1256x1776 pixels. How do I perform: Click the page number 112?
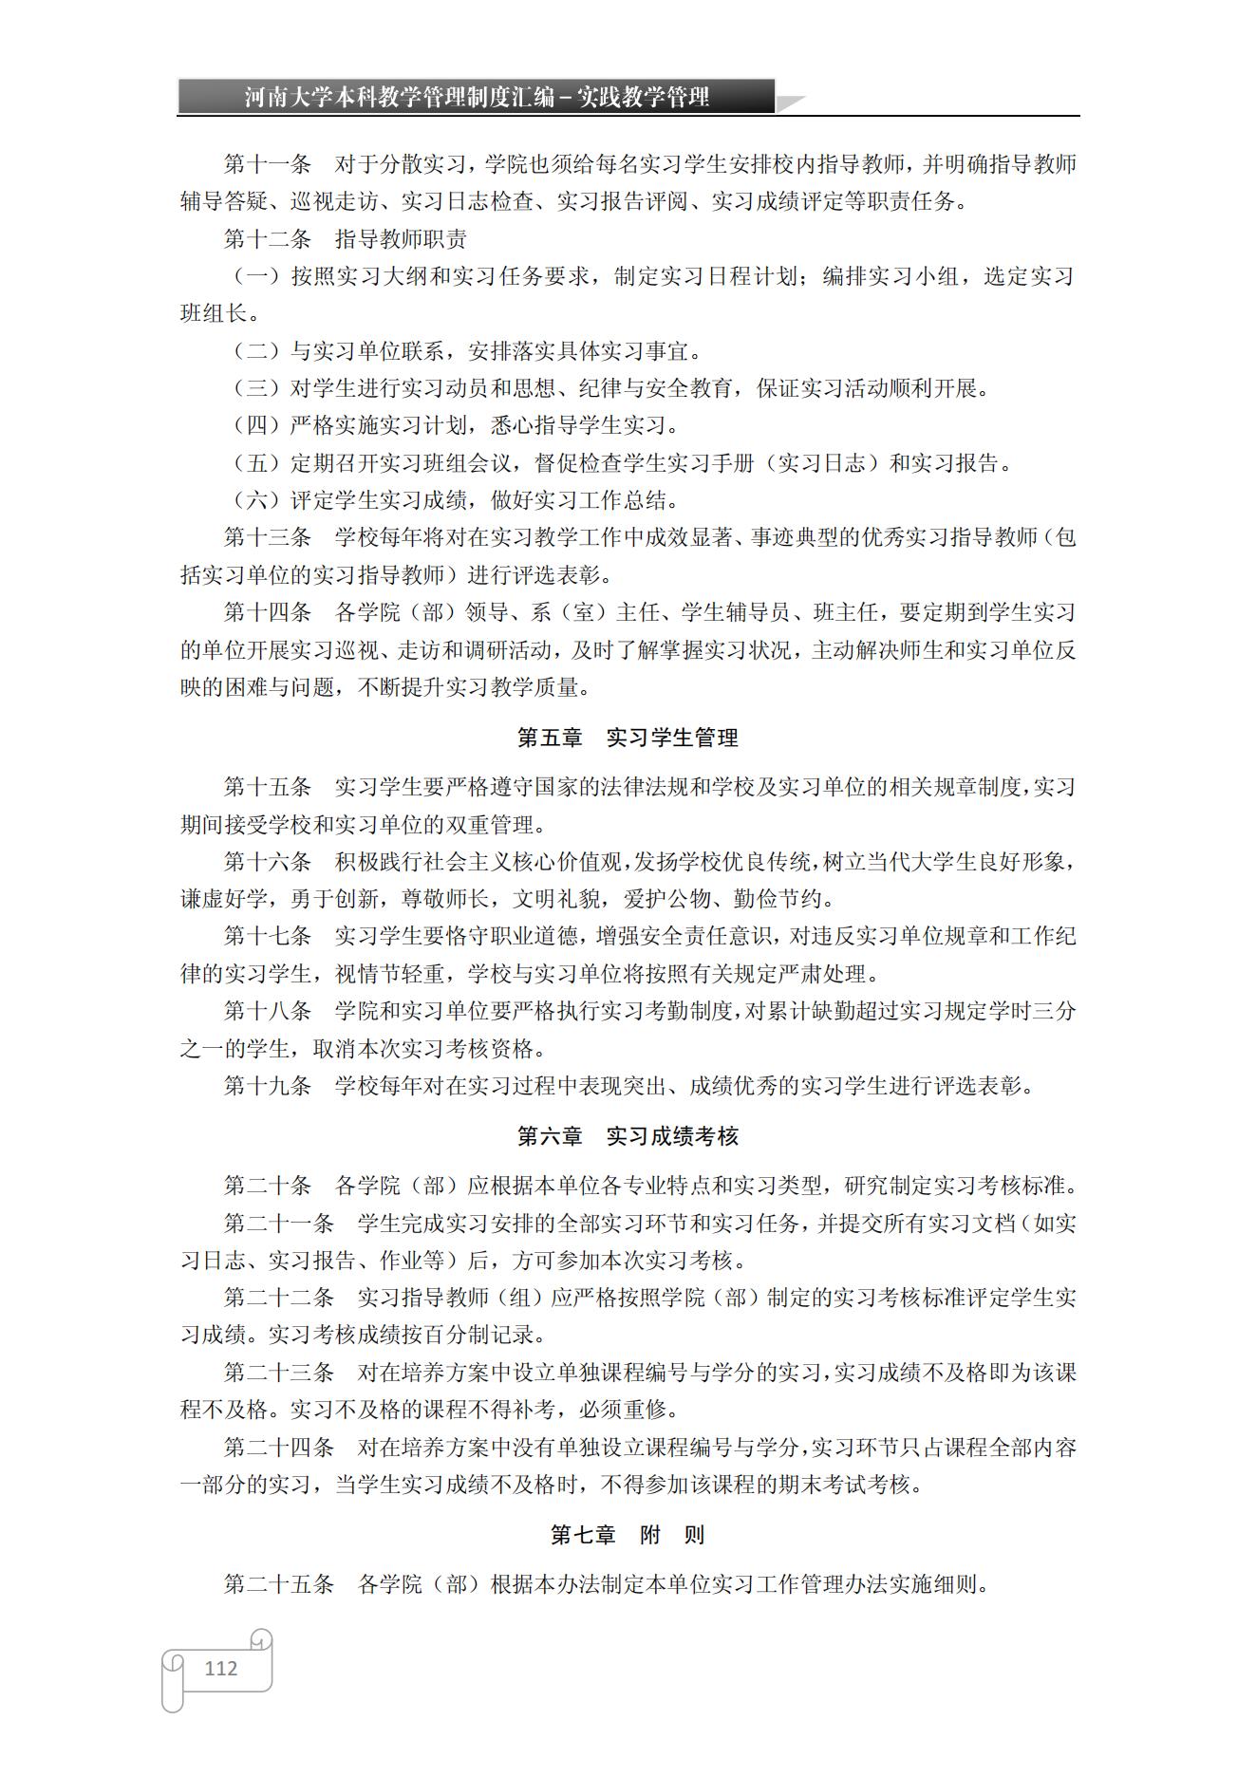220,1668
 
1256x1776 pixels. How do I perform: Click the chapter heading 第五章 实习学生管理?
628,738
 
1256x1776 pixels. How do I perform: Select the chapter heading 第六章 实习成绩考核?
628,1136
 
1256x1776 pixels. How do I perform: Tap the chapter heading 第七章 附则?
628,1535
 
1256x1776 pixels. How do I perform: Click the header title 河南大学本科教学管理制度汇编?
399,97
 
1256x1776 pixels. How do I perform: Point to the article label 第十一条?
268,164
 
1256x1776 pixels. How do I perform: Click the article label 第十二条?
268,239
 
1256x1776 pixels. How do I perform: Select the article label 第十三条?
268,537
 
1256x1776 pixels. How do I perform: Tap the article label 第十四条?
268,612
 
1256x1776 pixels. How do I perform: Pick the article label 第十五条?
268,787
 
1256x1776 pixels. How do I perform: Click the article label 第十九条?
268,1086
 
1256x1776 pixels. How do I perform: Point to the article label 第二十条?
268,1186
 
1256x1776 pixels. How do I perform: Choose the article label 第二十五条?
279,1584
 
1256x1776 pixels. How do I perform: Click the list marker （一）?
256,276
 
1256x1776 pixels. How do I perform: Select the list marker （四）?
256,425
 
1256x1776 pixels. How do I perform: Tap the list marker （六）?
256,500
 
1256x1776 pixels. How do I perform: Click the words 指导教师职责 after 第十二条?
401,239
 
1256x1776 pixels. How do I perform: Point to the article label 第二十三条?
279,1373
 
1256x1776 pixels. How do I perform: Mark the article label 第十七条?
268,936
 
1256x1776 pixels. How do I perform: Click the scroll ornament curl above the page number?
261,1639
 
